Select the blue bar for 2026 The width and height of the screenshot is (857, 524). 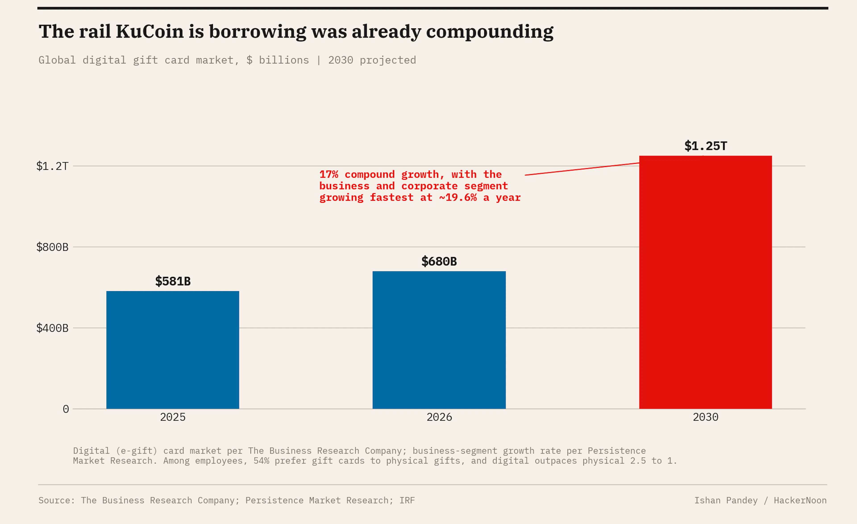point(439,340)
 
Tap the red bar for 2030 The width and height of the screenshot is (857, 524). point(705,282)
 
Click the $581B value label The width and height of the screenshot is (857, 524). point(173,281)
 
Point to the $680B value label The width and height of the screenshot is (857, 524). point(439,261)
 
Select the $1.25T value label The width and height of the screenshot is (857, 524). point(705,146)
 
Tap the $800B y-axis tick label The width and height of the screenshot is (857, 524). point(52,247)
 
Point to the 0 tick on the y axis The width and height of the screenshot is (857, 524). point(66,409)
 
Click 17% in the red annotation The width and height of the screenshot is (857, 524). point(329,174)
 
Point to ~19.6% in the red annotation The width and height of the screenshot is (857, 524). point(458,198)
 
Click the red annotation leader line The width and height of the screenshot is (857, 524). point(582,169)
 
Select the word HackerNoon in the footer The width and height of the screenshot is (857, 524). point(800,500)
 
